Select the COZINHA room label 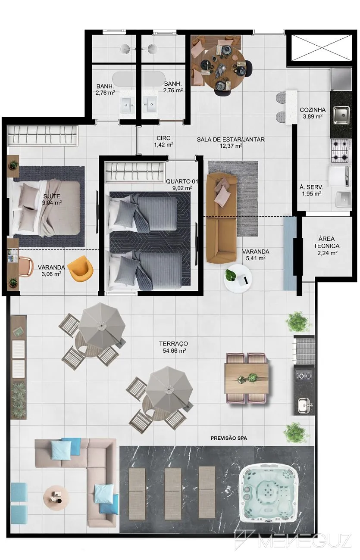(313, 110)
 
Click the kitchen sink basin (341, 115)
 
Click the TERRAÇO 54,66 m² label (174, 347)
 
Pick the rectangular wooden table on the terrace (247, 378)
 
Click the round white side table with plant (238, 279)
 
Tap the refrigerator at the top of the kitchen (341, 79)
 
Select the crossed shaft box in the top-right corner (322, 47)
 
